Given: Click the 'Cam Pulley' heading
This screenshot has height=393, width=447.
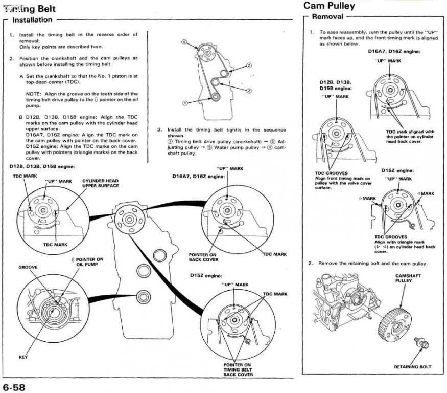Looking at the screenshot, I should [x=329, y=6].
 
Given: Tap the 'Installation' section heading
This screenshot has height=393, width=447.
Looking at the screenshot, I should [x=32, y=20].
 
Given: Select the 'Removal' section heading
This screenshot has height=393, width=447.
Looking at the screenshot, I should [x=327, y=16].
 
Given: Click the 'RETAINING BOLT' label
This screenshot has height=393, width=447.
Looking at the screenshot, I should [x=412, y=367].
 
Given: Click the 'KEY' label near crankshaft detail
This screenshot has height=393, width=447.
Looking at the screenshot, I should [x=23, y=357].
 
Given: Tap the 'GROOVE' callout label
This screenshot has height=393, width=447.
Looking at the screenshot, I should [x=28, y=267].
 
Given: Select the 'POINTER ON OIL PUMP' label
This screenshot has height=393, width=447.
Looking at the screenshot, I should [x=87, y=261].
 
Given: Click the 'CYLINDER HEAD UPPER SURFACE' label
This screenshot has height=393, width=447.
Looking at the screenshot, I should [x=100, y=183].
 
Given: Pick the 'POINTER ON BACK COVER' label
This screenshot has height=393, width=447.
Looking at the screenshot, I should [x=203, y=257].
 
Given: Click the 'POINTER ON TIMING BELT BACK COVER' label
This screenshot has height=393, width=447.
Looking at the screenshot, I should [x=238, y=369].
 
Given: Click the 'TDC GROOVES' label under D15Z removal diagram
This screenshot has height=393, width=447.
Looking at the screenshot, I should [x=390, y=237].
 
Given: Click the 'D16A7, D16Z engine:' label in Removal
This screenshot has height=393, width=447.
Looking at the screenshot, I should [x=394, y=51].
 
